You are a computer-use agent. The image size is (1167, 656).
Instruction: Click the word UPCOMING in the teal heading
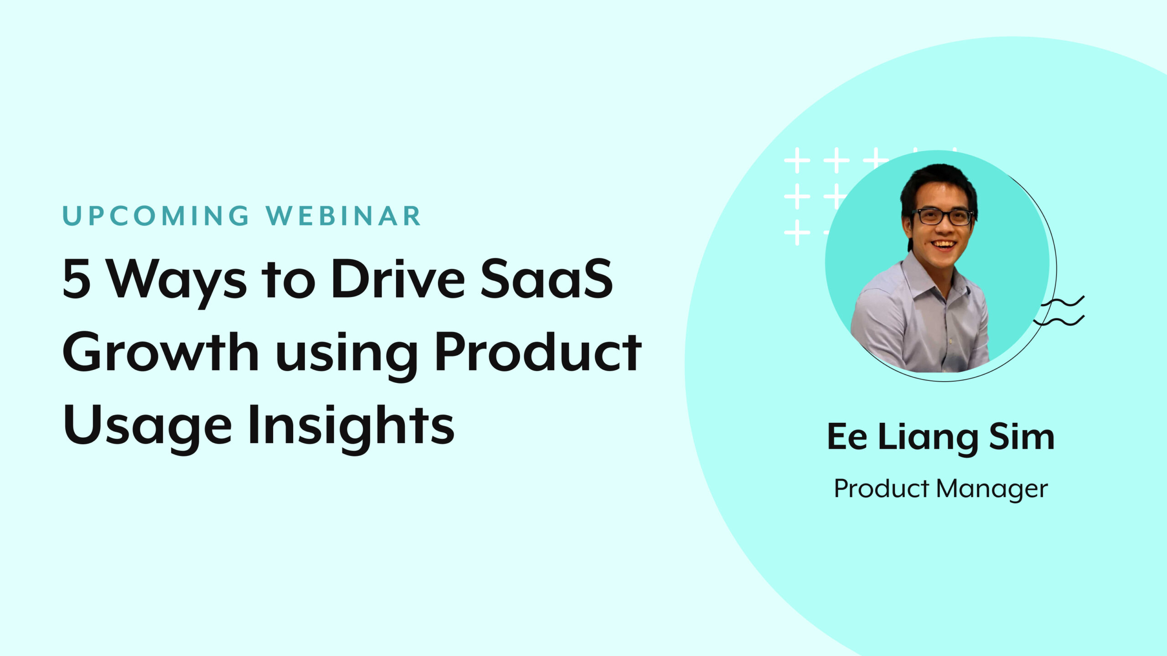tap(156, 216)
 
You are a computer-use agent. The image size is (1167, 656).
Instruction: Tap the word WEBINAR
tap(344, 216)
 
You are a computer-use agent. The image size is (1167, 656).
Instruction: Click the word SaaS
tap(547, 279)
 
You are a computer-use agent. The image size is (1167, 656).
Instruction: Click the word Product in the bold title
tap(538, 352)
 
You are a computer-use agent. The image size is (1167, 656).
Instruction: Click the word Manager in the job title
tap(992, 489)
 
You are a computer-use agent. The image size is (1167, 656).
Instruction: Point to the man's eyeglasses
tap(942, 216)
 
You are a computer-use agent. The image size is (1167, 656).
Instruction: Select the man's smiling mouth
tap(944, 245)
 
